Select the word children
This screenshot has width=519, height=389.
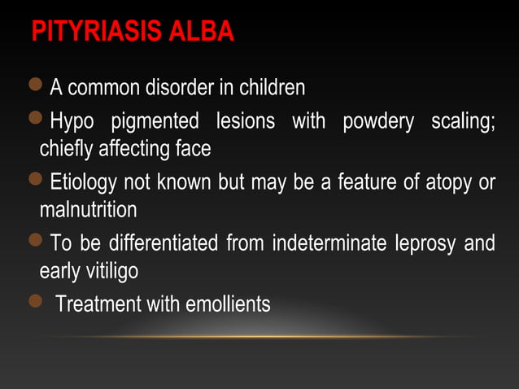point(268,86)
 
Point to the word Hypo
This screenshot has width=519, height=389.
point(72,123)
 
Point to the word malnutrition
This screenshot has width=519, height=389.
point(88,210)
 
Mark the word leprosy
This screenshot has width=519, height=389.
point(430,244)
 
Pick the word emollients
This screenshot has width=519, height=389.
point(228,305)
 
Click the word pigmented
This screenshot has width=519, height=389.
point(155,123)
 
